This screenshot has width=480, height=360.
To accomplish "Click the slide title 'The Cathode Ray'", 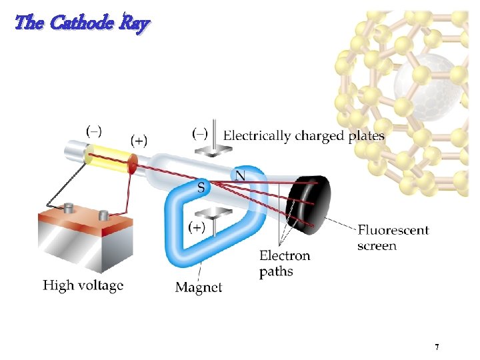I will pyautogui.click(x=82, y=23).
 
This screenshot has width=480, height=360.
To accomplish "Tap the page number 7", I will pyautogui.click(x=436, y=347).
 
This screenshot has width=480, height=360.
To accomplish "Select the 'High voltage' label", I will pyautogui.click(x=83, y=285).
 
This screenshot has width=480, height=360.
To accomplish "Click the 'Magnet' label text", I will pyautogui.click(x=199, y=287).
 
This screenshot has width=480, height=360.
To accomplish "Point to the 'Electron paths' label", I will pyautogui.click(x=285, y=263).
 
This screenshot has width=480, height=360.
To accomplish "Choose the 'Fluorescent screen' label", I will pyautogui.click(x=393, y=237).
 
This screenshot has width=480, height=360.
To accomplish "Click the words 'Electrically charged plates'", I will pyautogui.click(x=303, y=136).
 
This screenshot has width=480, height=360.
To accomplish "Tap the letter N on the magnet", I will pyautogui.click(x=240, y=174).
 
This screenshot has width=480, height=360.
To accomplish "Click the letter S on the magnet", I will pyautogui.click(x=201, y=187).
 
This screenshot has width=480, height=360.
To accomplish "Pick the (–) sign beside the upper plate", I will pyautogui.click(x=200, y=133).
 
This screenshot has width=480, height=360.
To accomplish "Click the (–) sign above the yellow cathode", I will pyautogui.click(x=95, y=129).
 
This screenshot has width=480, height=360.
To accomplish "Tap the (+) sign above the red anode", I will pyautogui.click(x=139, y=140).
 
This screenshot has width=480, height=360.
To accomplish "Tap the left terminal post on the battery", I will pyautogui.click(x=68, y=209).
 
